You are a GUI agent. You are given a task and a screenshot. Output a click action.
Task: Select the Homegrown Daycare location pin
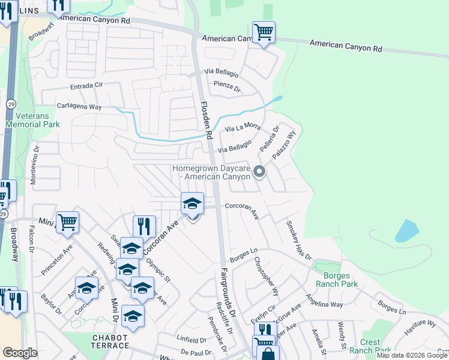point(259,172)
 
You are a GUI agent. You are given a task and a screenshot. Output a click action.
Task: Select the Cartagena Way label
point(79,106)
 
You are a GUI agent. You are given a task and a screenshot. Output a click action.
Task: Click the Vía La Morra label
point(243,128)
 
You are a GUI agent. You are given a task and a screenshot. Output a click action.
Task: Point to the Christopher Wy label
point(267,277)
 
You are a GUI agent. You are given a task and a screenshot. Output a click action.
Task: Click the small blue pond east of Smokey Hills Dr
point(407,230)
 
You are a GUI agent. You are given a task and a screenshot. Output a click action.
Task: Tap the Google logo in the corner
point(20,353)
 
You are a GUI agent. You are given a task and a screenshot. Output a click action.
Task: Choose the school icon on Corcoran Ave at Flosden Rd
point(192,204)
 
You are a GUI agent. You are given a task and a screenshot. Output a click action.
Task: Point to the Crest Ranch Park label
point(370,346)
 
